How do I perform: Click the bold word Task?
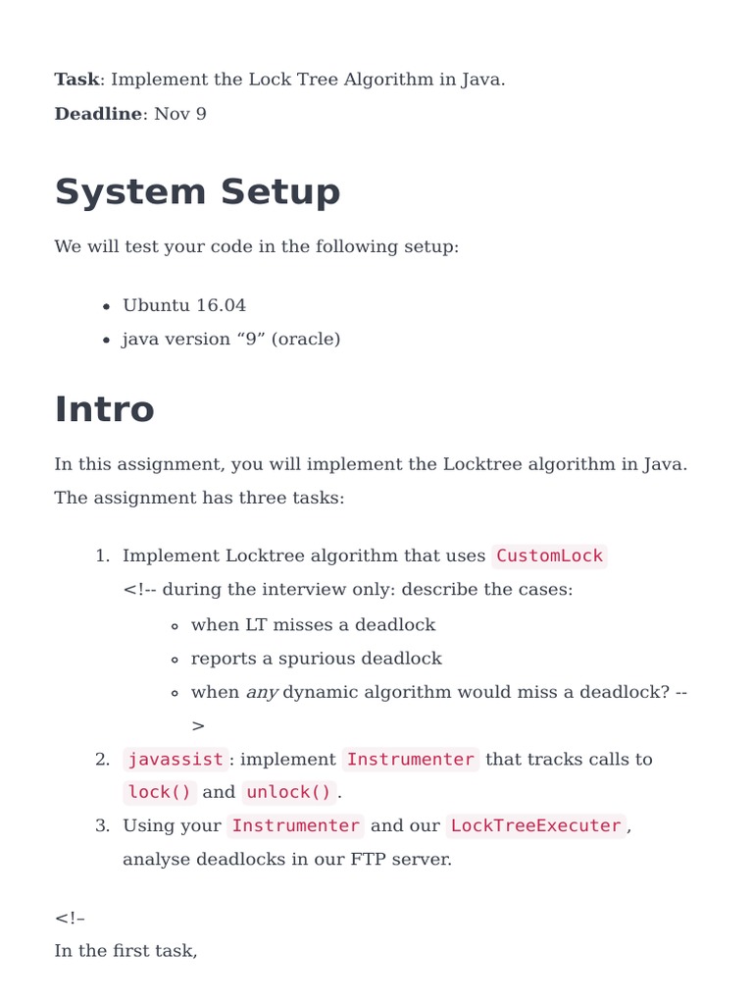pos(76,79)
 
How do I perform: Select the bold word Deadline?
pos(98,114)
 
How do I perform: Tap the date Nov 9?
pos(180,114)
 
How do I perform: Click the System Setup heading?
pos(197,192)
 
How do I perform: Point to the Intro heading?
pos(104,409)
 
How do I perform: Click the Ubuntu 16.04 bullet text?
pos(184,305)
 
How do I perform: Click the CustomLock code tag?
pos(549,556)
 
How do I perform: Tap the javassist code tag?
pos(176,760)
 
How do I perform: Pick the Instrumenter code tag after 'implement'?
pos(410,760)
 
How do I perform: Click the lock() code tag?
pos(160,793)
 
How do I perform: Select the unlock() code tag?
pos(289,793)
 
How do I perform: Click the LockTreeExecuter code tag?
pos(535,826)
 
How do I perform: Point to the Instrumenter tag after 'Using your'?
pos(295,826)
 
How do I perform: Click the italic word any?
pos(262,693)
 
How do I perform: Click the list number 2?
pos(102,760)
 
